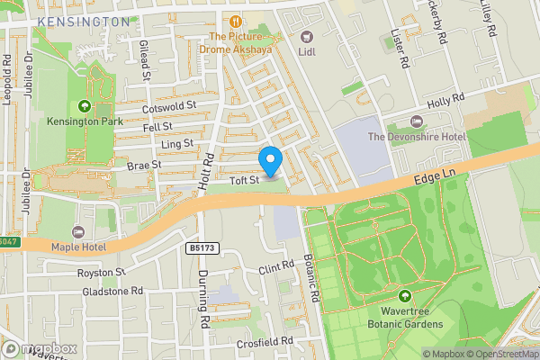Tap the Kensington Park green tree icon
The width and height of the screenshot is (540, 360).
(85, 106)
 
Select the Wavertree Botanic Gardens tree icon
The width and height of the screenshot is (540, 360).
(404, 296)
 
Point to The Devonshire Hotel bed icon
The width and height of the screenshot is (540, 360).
(415, 121)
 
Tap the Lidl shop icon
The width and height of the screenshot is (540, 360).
(307, 37)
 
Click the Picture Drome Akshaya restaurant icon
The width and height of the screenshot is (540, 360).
(236, 22)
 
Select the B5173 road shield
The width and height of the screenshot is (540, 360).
(203, 247)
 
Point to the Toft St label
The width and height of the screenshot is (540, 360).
(242, 181)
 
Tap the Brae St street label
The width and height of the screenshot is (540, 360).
(144, 166)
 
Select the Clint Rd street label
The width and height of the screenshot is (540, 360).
(276, 267)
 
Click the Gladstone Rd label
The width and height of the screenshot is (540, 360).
(112, 292)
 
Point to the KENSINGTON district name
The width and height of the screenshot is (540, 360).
(85, 21)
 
